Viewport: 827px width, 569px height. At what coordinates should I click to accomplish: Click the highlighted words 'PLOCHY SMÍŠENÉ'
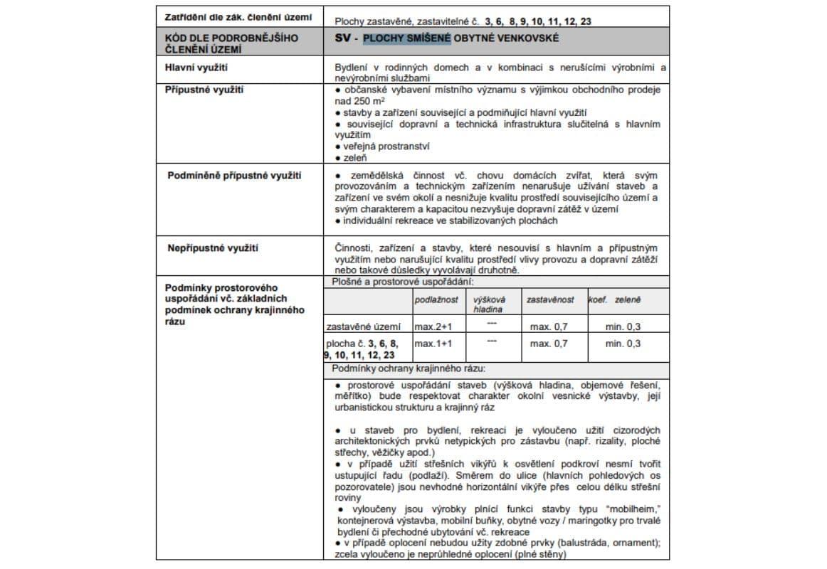406,37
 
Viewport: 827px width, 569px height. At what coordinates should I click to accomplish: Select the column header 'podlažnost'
436,300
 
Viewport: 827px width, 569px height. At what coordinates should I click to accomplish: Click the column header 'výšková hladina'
489,304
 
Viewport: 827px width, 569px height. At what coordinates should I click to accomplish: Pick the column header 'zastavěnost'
549,300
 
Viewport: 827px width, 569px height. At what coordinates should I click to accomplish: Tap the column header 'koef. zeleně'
614,300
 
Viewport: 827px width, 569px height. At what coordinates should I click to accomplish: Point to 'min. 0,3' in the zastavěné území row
623,326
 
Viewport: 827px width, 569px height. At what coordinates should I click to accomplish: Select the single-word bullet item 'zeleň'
355,157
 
